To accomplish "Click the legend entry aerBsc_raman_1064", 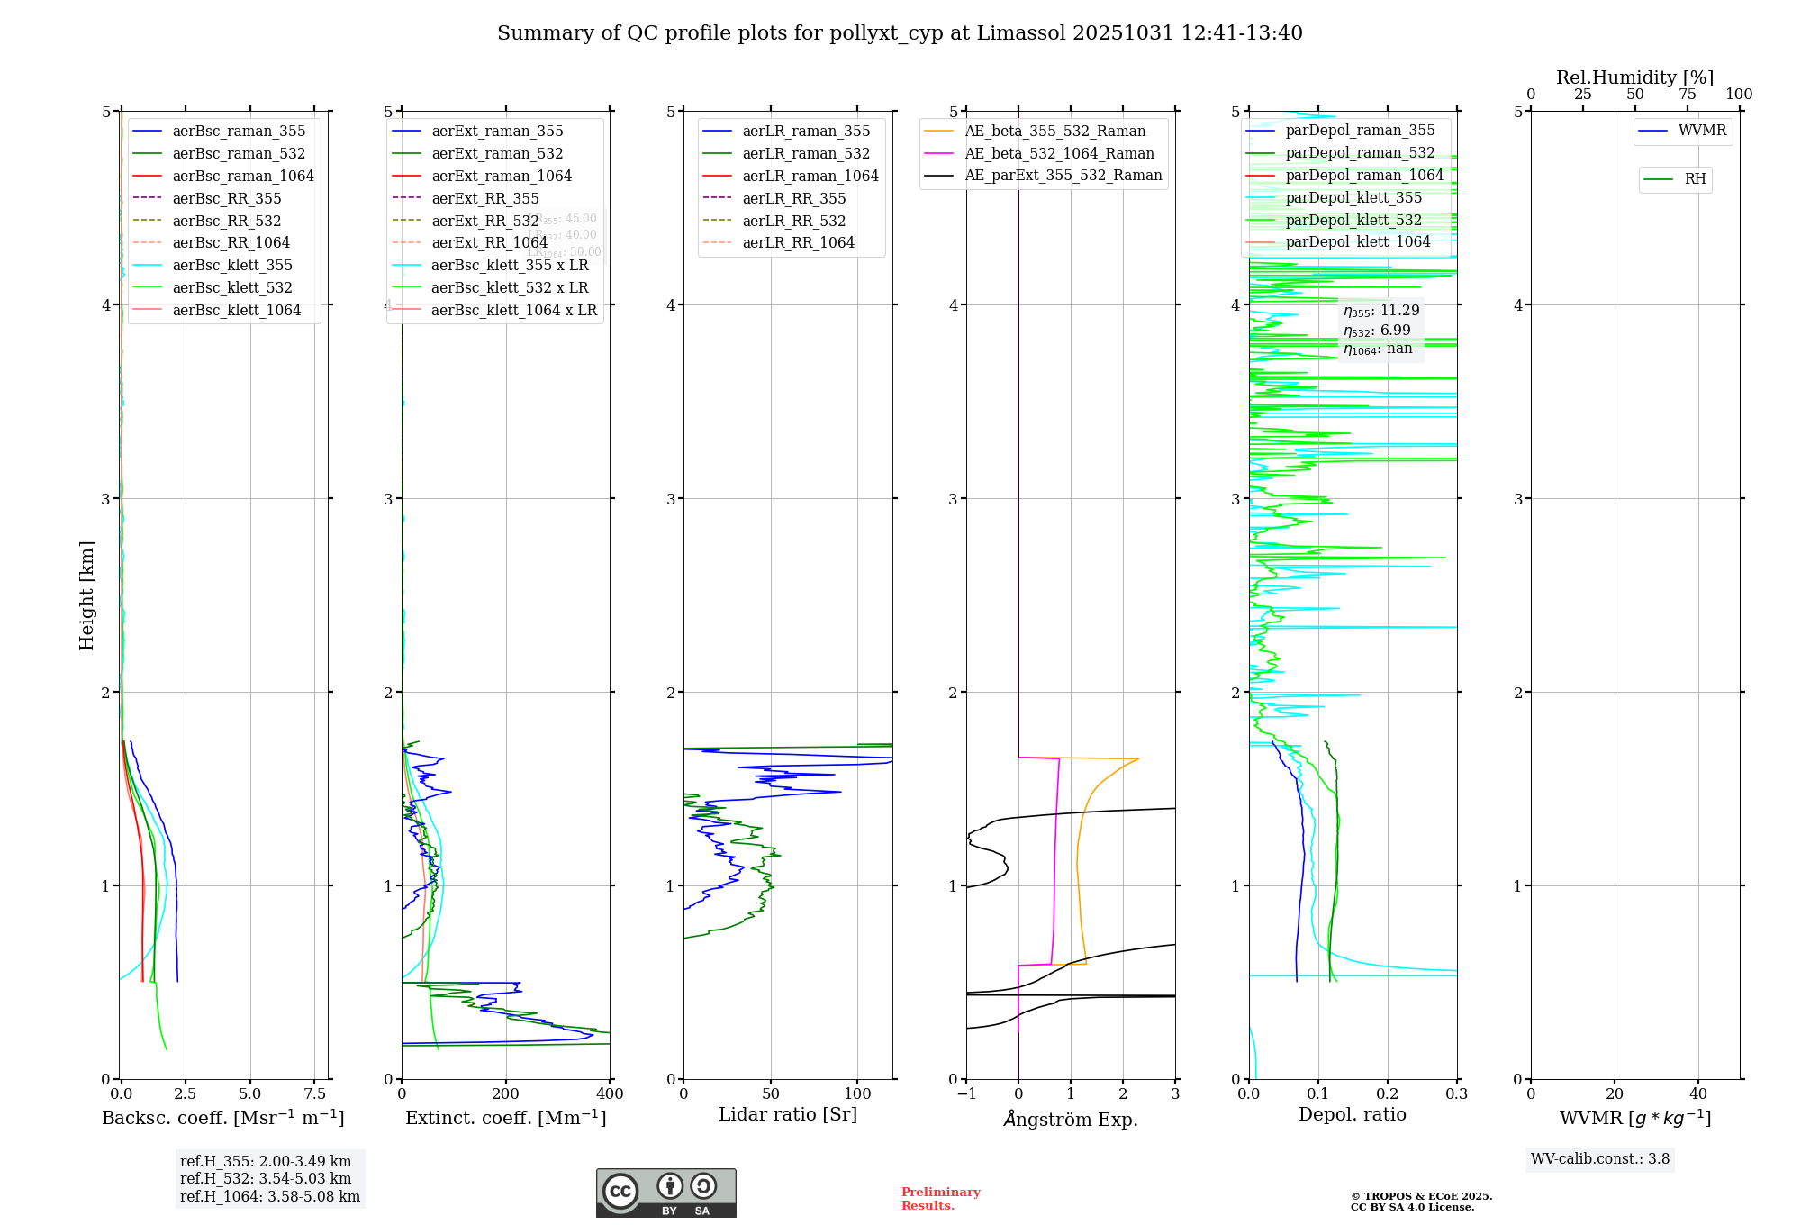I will (243, 176).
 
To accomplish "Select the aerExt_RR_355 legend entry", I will (485, 198).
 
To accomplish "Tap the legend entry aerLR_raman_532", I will (806, 153).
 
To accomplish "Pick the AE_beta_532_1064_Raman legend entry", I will (1059, 153).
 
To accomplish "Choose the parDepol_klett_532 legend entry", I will (1353, 220).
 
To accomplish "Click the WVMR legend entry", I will (1702, 131).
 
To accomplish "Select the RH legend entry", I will (1695, 179).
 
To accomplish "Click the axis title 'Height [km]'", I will (86, 594).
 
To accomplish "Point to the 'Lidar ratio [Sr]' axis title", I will (788, 1114).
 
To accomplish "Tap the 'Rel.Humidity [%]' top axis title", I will (1634, 77).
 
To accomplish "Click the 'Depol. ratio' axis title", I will (1352, 1114).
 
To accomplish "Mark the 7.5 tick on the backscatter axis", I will (314, 1094).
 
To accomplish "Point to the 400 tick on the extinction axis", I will (610, 1094).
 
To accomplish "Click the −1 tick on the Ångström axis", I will (966, 1094).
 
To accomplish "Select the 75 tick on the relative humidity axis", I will (1687, 95).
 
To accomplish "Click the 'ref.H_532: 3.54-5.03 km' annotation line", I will (266, 1178).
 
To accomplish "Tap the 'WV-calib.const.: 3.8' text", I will (1600, 1159).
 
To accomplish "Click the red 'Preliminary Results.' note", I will (940, 1199).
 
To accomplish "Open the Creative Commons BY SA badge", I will (665, 1193).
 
